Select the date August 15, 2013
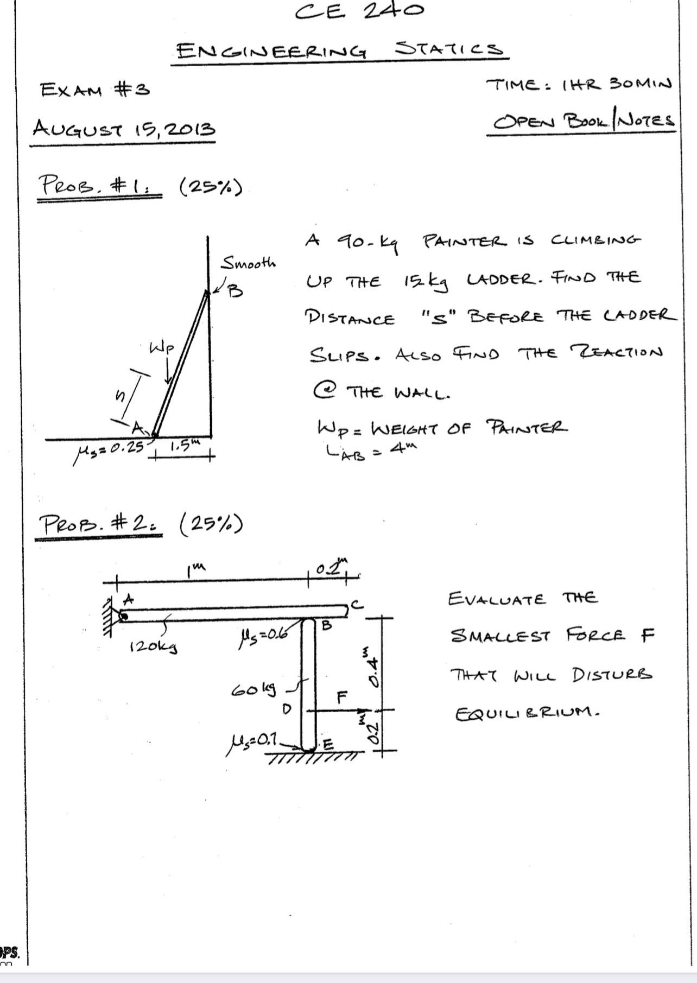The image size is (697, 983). click(x=124, y=129)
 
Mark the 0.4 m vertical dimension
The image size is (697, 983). click(x=369, y=661)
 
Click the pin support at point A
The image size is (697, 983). click(x=123, y=616)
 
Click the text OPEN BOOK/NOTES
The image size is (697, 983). click(x=584, y=121)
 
